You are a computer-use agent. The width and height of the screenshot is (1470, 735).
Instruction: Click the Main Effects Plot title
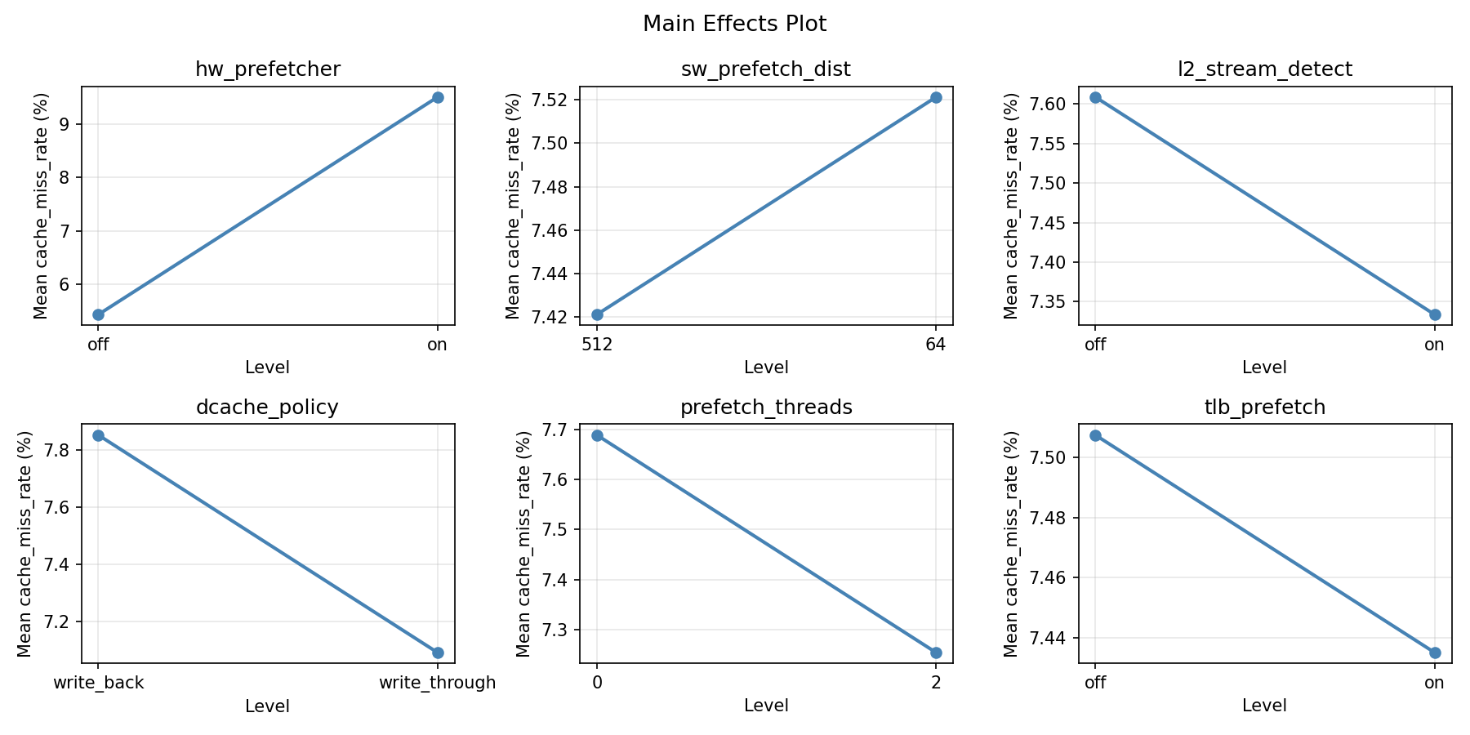(x=734, y=24)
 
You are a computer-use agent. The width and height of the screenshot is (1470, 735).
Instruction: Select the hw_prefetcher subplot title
(x=268, y=69)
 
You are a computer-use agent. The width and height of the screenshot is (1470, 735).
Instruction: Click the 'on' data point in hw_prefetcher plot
(x=438, y=97)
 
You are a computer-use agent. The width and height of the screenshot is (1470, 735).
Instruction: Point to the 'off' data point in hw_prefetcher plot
(x=98, y=314)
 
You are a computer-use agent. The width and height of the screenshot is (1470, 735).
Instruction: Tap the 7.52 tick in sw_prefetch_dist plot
(x=555, y=100)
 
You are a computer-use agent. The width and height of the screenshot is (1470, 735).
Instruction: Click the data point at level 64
(x=936, y=97)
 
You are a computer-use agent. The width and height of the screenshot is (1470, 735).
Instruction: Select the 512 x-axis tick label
(x=597, y=345)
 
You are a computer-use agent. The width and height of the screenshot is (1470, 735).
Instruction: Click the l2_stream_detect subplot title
(x=1264, y=69)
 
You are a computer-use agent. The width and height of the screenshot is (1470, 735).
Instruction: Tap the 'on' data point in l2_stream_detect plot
(x=1435, y=314)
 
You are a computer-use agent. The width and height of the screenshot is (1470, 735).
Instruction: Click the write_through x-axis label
(x=438, y=683)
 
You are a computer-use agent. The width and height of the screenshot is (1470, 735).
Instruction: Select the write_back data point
(x=98, y=435)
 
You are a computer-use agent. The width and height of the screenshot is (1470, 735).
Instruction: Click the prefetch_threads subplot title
(x=766, y=408)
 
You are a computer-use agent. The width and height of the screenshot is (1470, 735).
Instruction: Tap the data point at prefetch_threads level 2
(x=936, y=653)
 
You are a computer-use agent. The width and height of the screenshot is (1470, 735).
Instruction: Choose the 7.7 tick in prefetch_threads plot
(x=561, y=430)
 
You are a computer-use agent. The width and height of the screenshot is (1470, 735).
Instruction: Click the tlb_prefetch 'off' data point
(x=1095, y=435)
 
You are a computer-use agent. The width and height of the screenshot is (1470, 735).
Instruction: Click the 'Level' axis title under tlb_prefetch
(x=1264, y=706)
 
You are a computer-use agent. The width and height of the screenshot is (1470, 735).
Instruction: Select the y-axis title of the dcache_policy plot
(x=24, y=544)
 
